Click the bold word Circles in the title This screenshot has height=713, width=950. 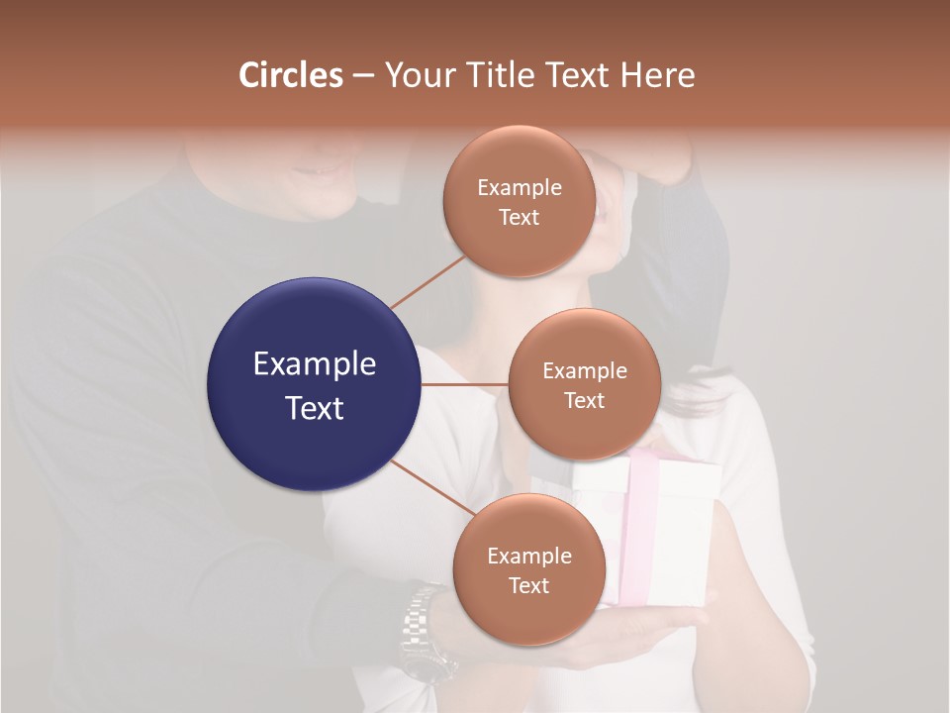(x=291, y=75)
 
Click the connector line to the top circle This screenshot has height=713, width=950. (x=428, y=281)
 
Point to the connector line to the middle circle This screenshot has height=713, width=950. (x=465, y=384)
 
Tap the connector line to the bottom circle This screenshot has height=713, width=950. (x=432, y=486)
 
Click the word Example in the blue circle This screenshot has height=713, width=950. (x=314, y=364)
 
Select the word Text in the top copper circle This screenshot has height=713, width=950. (x=519, y=217)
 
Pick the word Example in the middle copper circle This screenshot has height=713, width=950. (x=584, y=371)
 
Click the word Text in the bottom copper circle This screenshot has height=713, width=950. (x=528, y=585)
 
